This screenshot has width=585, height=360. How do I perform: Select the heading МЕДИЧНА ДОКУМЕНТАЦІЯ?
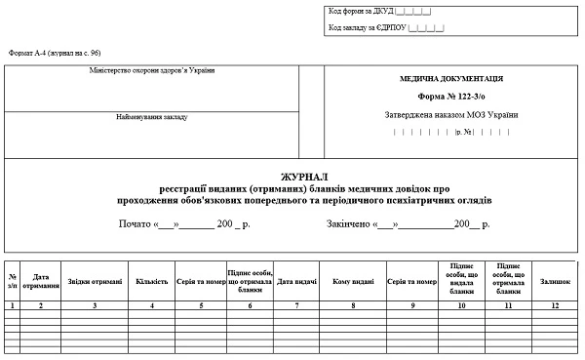tap(451, 79)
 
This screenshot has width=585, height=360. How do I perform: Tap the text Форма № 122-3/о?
tap(451, 97)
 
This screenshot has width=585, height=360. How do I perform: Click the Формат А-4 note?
tap(55, 52)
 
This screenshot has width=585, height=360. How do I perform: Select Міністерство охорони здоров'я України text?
tap(151, 70)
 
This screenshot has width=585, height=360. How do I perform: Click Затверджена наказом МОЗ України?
tap(451, 115)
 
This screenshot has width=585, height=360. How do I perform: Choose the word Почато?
tap(135, 224)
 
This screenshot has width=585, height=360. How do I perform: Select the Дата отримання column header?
tap(41, 281)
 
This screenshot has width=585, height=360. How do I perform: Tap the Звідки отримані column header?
tap(95, 282)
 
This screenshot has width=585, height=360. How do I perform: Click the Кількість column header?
tap(152, 282)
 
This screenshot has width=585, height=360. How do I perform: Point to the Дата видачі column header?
tap(296, 282)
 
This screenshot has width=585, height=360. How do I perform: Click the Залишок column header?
tap(555, 282)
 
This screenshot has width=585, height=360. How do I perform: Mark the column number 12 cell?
tap(555, 305)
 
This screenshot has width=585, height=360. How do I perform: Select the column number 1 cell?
tap(12, 305)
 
